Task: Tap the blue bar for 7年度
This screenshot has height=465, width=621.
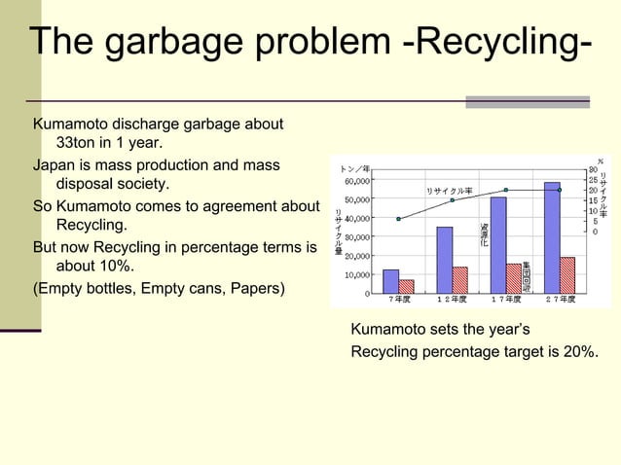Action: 391,281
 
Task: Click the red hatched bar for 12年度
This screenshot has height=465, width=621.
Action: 459,280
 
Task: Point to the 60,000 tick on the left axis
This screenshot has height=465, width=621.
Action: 353,181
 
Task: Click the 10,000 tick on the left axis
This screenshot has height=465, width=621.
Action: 353,274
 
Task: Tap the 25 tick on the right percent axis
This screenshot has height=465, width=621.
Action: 592,180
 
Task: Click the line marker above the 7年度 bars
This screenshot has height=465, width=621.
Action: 398,219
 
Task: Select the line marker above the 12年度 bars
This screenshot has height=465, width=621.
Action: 452,200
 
